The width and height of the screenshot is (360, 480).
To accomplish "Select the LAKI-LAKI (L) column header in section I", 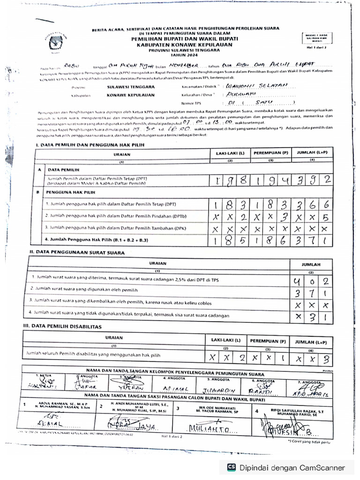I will pos(230,153).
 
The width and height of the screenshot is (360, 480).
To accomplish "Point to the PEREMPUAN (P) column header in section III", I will pos(267,341).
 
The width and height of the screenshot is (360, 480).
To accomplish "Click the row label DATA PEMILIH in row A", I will pos(64,169).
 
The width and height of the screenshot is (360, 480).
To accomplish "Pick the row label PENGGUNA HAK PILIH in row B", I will pos(70,192).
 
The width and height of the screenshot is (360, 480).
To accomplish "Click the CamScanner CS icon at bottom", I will pos(231,467).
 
